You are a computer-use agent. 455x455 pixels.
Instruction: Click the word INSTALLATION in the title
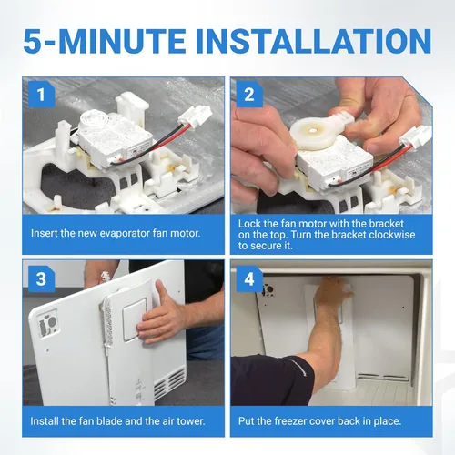(314, 41)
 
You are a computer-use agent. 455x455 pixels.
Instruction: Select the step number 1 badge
(41, 95)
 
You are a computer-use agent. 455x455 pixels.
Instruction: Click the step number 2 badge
(249, 95)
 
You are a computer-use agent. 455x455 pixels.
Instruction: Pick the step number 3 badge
(41, 279)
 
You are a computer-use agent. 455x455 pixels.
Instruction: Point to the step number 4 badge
(249, 279)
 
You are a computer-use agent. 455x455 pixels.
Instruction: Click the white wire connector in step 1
(196, 116)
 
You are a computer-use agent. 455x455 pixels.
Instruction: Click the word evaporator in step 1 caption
(125, 234)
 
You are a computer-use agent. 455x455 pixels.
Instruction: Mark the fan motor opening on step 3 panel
(48, 322)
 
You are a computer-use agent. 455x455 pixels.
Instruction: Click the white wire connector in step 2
(416, 137)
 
